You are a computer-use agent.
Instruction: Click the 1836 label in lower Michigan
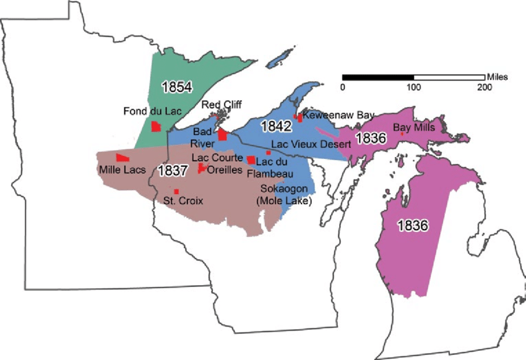pos(413,226)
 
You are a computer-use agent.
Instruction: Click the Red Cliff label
pos(220,105)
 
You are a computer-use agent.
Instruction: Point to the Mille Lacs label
pos(120,168)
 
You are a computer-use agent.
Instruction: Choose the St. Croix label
pos(183,200)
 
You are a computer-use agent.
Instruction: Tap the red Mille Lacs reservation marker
pos(122,158)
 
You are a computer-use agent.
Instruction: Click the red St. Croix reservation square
pos(176,192)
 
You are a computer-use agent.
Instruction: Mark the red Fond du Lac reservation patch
pos(157,126)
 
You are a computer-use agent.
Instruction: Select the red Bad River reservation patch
pos(222,135)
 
